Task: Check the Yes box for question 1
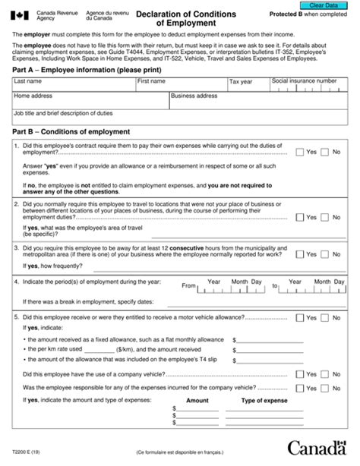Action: [x=299, y=152]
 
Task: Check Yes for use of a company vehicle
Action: [x=299, y=374]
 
